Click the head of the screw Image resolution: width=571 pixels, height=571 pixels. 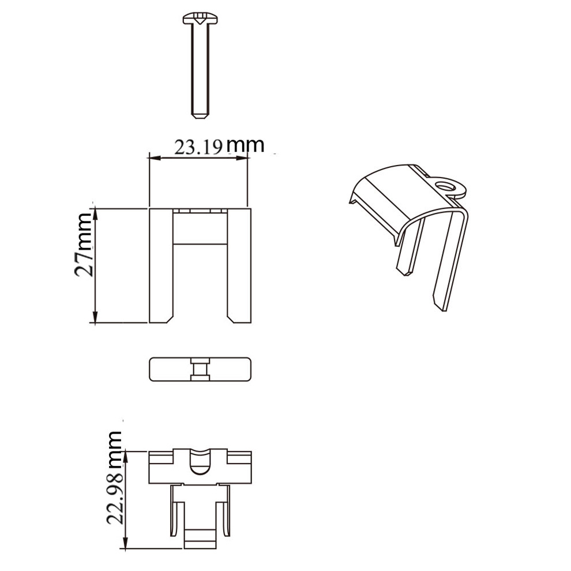(200, 18)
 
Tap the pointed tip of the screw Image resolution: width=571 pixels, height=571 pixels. (200, 118)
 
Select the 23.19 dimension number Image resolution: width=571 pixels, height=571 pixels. (198, 148)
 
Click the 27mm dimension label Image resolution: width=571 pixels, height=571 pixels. (84, 245)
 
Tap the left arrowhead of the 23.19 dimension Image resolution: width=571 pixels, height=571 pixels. (155, 158)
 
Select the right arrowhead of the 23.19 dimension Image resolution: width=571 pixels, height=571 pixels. (242, 158)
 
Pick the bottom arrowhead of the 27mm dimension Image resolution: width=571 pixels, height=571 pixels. (95, 317)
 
